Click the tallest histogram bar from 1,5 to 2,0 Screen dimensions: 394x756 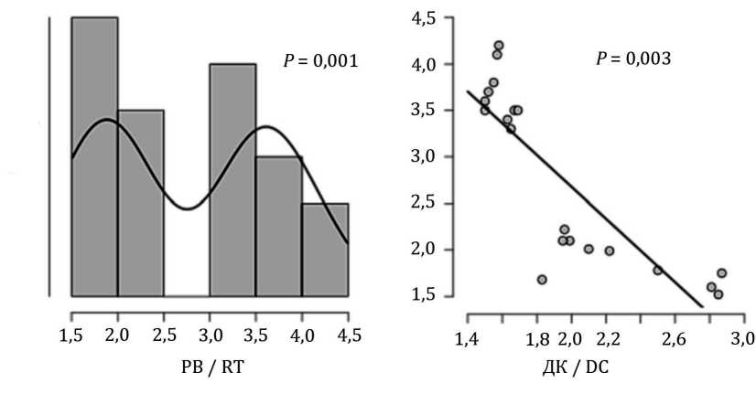pyautogui.click(x=94, y=155)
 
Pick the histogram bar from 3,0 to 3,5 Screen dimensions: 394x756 pyautogui.click(x=232, y=179)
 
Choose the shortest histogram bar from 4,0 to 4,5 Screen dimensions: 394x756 pyautogui.click(x=325, y=250)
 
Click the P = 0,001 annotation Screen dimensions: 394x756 pyautogui.click(x=320, y=61)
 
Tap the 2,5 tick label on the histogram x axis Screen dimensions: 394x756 pyautogui.click(x=164, y=335)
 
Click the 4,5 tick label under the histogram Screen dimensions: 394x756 pyautogui.click(x=349, y=335)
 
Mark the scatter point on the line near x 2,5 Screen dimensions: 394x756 pyautogui.click(x=657, y=270)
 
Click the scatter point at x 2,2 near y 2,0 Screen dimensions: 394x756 pyautogui.click(x=609, y=250)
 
